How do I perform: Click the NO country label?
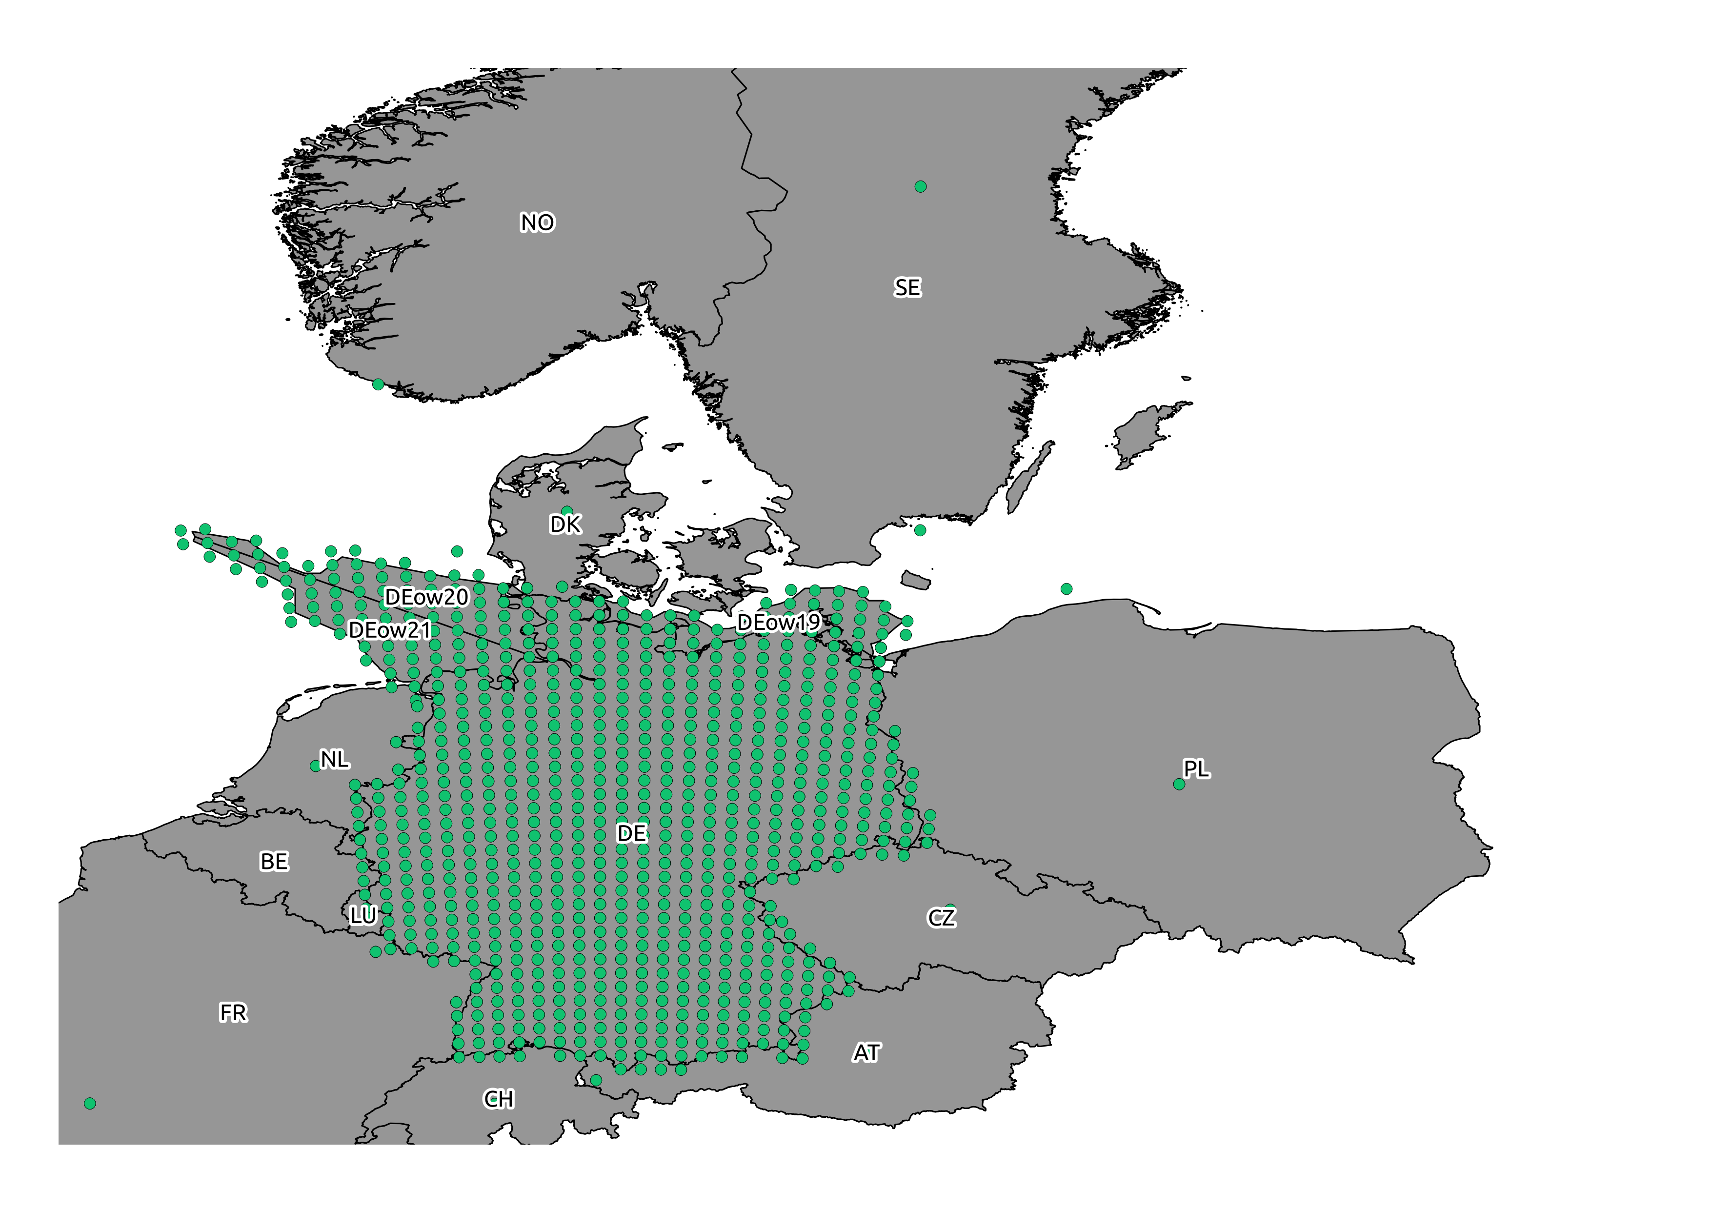point(537,223)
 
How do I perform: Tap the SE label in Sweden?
point(907,287)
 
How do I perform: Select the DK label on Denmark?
point(565,524)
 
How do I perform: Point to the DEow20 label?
point(426,597)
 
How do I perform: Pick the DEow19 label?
point(778,623)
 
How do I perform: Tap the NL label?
point(334,759)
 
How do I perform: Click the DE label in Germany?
point(632,833)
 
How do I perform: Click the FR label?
point(233,1012)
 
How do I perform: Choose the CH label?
point(499,1099)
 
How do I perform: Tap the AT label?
point(866,1053)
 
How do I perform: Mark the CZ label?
point(941,917)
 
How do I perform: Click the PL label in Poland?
point(1196,769)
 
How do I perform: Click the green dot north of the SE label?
point(920,186)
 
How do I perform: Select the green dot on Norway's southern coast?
point(378,384)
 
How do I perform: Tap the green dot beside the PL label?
point(1178,784)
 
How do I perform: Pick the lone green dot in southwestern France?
point(89,1104)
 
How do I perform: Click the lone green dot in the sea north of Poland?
point(1067,588)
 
